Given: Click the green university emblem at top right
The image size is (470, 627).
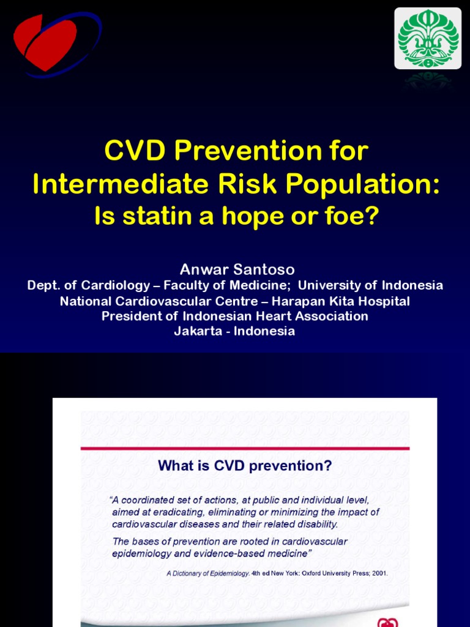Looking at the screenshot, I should click(x=428, y=38).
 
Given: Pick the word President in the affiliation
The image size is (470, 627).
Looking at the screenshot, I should click(x=133, y=317).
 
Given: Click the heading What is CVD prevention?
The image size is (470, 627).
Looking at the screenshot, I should click(x=245, y=466).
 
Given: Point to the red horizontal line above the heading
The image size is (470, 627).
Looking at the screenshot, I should click(x=245, y=448).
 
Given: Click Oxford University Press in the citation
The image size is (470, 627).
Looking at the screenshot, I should click(x=318, y=574).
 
